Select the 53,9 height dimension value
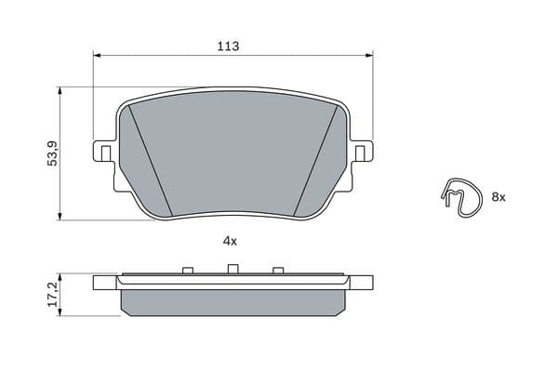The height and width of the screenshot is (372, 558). point(53,153)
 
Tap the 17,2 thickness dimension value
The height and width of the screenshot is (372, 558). point(53,295)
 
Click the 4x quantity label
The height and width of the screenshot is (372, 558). point(230,241)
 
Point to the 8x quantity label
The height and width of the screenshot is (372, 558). point(498,197)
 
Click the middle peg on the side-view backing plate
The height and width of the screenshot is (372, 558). point(231,270)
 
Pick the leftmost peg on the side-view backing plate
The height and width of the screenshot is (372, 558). point(187,271)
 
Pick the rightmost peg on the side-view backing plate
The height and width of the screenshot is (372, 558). point(276,271)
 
